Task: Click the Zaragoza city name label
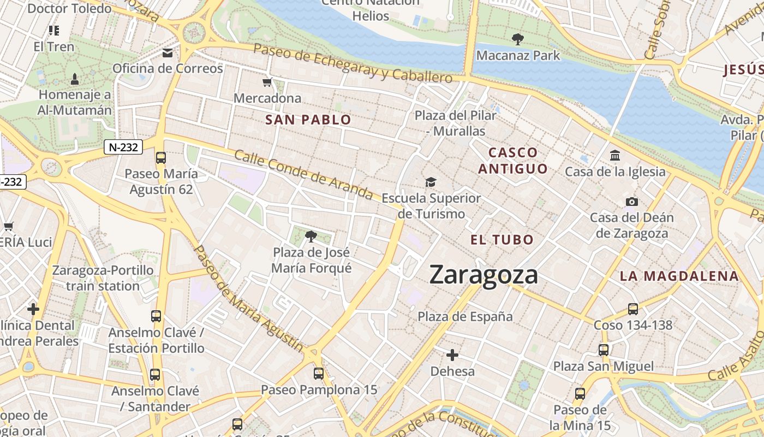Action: click(x=484, y=274)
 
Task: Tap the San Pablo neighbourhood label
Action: click(x=308, y=120)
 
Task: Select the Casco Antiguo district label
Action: click(x=512, y=161)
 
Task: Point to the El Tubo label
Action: click(x=502, y=240)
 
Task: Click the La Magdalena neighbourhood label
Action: click(x=679, y=276)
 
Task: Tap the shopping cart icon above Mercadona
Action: click(x=267, y=82)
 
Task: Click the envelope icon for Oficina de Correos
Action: click(x=168, y=53)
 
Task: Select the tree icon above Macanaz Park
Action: click(x=517, y=39)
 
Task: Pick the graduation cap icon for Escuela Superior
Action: click(x=431, y=182)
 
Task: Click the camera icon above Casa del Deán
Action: click(x=632, y=202)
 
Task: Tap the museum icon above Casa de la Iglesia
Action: click(x=615, y=156)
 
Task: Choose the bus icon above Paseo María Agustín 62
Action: click(x=160, y=158)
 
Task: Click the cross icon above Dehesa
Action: click(x=452, y=356)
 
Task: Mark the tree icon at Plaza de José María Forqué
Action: click(x=311, y=237)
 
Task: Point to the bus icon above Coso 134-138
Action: click(x=633, y=309)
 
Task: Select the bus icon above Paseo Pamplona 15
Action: click(x=319, y=374)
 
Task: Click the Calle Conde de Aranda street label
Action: click(x=303, y=174)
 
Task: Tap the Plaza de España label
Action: click(x=465, y=316)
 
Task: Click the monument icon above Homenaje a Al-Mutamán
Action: click(x=75, y=79)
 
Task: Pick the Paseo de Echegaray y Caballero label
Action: click(x=353, y=63)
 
